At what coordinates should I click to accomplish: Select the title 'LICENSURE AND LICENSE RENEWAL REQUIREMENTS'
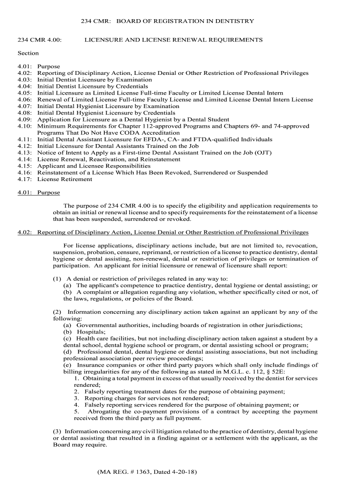(173, 40)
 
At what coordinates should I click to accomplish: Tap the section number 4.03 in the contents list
(24, 80)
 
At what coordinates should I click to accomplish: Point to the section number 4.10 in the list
(24, 126)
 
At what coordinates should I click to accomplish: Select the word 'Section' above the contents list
(28, 53)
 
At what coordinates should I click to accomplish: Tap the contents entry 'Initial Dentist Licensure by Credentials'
(93, 87)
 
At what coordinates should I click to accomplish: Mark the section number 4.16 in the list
(24, 173)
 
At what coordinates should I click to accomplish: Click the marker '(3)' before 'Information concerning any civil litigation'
(58, 431)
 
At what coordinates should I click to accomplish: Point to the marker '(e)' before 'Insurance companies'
(68, 365)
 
